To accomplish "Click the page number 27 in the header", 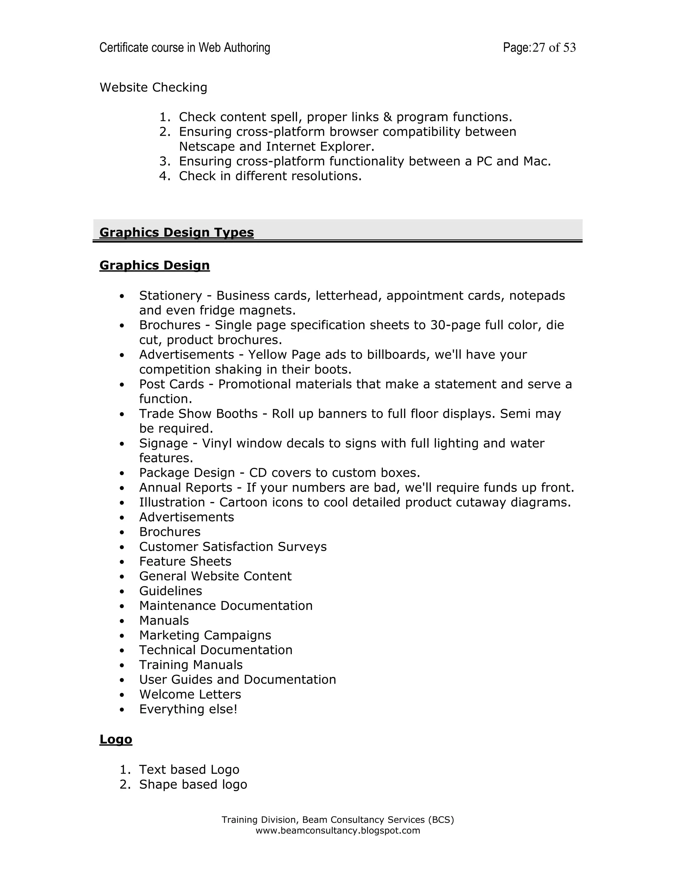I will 539,48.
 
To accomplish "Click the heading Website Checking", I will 153,87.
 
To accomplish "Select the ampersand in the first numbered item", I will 387,117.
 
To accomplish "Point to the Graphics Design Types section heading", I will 177,232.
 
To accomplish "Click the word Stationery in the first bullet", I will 171,296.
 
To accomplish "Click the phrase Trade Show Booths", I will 198,413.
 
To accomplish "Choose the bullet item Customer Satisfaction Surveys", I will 233,546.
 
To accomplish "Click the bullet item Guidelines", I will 171,591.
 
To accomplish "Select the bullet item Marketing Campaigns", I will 205,635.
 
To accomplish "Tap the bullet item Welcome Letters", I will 190,694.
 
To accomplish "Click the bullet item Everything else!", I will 188,709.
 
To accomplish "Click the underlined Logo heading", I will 116,739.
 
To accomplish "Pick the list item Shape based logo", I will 193,785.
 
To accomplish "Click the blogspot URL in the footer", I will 338,830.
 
